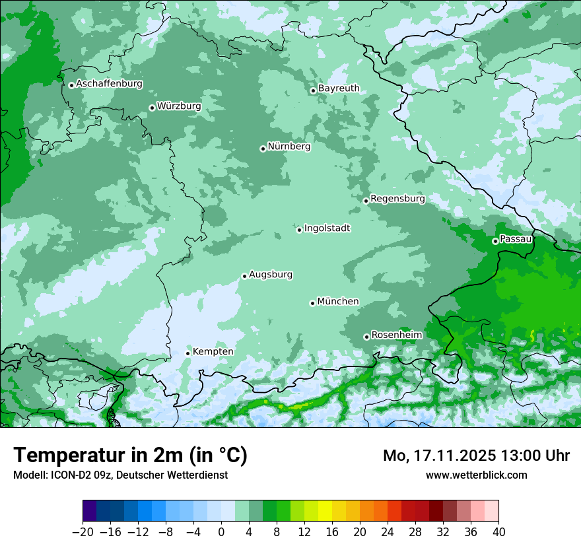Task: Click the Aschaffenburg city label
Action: coord(109,84)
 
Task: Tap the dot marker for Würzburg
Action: coord(152,108)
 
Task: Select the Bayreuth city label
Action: coord(339,88)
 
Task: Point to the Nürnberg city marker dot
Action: coord(263,149)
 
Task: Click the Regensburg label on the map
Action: coord(397,199)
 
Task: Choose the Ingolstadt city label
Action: coord(327,228)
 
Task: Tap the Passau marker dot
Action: coord(495,241)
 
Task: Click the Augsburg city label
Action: coord(271,275)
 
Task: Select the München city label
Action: coord(338,302)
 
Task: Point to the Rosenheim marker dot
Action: coord(366,337)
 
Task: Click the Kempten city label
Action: coord(213,352)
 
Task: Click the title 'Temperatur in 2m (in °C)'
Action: coord(130,456)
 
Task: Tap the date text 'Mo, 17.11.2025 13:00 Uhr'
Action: coord(476,456)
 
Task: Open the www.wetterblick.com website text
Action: coord(476,475)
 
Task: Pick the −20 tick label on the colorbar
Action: coord(83,532)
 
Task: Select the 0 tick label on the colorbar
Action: coord(221,532)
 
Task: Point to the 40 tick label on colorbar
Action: coord(498,532)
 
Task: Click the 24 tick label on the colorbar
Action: coord(388,532)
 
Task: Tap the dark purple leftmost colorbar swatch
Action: coord(90,511)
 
